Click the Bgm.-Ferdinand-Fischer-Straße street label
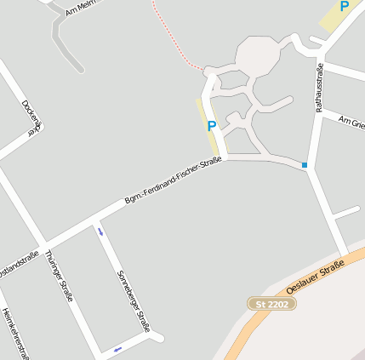click(173, 180)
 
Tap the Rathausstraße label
click(320, 88)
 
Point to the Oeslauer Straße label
click(315, 278)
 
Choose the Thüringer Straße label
click(60, 276)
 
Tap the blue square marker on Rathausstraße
click(305, 164)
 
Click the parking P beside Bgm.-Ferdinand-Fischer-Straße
click(211, 126)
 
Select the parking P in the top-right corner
click(344, 7)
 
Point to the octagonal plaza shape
click(258, 57)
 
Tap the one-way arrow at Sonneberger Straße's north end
click(100, 231)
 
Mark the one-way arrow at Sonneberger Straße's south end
click(117, 348)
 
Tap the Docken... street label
click(31, 117)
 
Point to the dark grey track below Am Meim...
click(63, 43)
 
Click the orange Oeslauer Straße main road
click(255, 323)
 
